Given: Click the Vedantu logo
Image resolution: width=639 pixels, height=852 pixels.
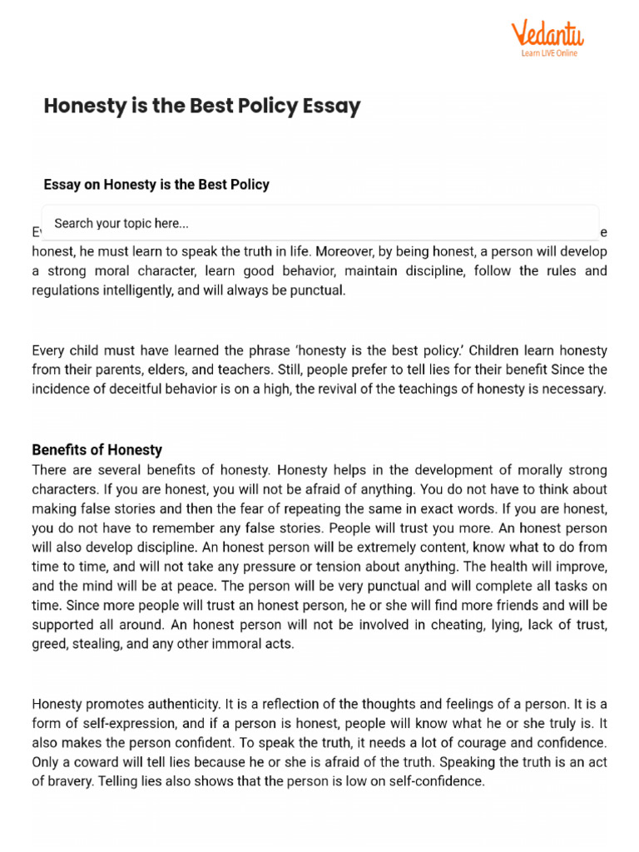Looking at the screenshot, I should pyautogui.click(x=547, y=34).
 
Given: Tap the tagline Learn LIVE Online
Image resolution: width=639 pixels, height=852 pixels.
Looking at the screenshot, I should pyautogui.click(x=549, y=53).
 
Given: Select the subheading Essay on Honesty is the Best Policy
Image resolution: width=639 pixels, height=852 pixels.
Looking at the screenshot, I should pyautogui.click(x=156, y=185).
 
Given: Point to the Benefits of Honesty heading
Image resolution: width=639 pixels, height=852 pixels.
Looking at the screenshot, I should pyautogui.click(x=97, y=450).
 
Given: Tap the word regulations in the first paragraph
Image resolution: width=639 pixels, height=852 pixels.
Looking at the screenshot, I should pyautogui.click(x=62, y=290).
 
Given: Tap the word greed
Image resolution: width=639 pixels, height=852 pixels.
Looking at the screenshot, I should pyautogui.click(x=49, y=644).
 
